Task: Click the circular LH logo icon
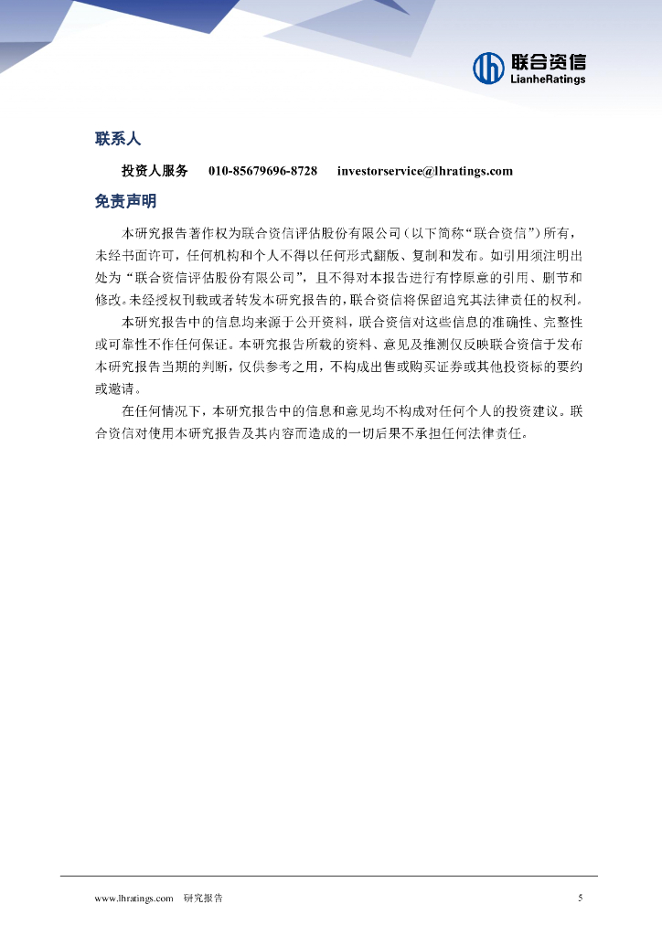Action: pyautogui.click(x=488, y=67)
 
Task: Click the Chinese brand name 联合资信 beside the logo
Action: pyautogui.click(x=548, y=61)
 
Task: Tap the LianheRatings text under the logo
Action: pyautogui.click(x=548, y=80)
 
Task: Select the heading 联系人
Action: pyautogui.click(x=118, y=139)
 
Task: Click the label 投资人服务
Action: pyautogui.click(x=155, y=171)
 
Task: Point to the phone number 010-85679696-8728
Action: pyautogui.click(x=262, y=171)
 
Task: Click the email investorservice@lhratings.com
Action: pyautogui.click(x=424, y=171)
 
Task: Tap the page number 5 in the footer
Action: pyautogui.click(x=581, y=899)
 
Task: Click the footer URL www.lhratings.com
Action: pyautogui.click(x=134, y=899)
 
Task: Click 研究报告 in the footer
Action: pyautogui.click(x=203, y=899)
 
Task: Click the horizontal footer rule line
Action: pyautogui.click(x=329, y=876)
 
